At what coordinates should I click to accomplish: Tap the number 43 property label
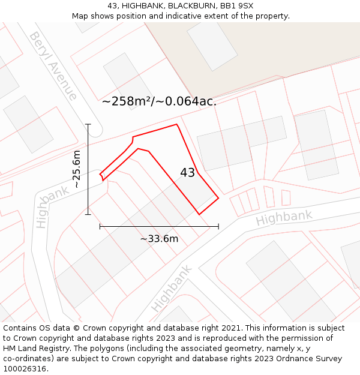187,173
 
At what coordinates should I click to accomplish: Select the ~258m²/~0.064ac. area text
159,101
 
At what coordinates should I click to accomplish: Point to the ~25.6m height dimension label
76,169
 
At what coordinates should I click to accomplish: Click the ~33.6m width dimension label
159,239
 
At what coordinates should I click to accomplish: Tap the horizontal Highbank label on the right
284,218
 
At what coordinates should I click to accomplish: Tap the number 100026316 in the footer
25,369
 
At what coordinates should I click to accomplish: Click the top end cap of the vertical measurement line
88,124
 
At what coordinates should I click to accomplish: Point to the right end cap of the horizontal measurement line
218,226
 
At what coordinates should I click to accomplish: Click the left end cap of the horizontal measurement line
100,226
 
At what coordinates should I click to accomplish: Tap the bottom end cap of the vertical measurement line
88,214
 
